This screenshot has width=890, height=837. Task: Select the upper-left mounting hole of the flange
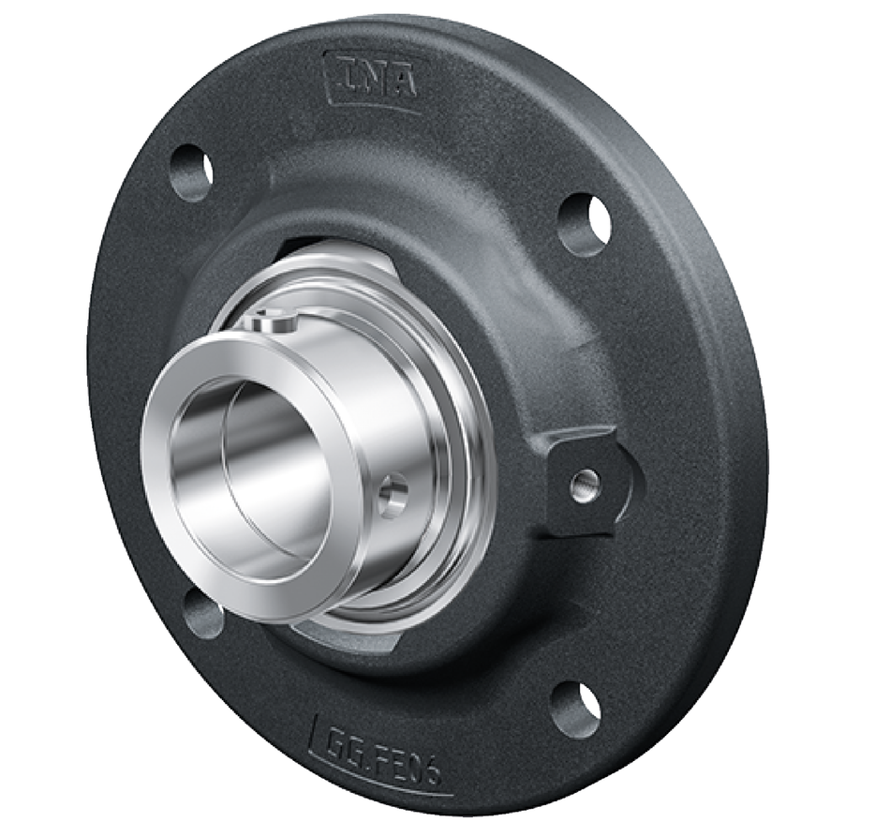(x=191, y=172)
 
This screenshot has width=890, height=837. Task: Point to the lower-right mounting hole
(x=575, y=710)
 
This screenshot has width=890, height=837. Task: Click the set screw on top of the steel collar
(x=273, y=322)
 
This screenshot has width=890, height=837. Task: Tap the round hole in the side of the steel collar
(x=393, y=494)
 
